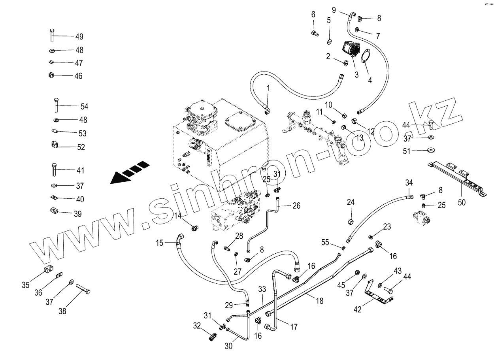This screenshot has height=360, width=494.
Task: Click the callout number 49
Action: [79, 37]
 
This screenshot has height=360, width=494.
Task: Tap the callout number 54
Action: [84, 106]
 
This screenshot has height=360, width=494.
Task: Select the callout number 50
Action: [462, 203]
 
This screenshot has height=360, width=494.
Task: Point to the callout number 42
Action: [357, 309]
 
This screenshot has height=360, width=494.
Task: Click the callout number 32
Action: [197, 326]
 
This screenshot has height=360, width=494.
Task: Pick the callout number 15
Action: [159, 243]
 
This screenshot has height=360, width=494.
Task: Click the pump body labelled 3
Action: [350, 51]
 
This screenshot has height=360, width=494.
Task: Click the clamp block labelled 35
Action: [47, 271]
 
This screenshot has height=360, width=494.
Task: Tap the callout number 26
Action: [296, 205]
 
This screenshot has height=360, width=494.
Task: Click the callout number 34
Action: [409, 183]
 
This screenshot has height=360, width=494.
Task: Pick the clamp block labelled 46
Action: [51, 75]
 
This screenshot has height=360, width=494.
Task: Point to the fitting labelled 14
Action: [194, 228]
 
